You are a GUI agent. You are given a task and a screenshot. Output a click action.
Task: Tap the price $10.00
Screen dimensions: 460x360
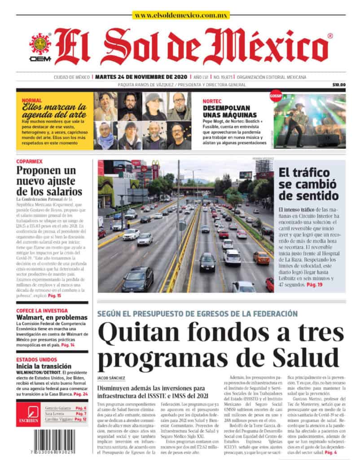[339, 85]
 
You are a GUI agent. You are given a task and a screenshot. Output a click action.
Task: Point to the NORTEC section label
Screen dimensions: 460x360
[212, 101]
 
